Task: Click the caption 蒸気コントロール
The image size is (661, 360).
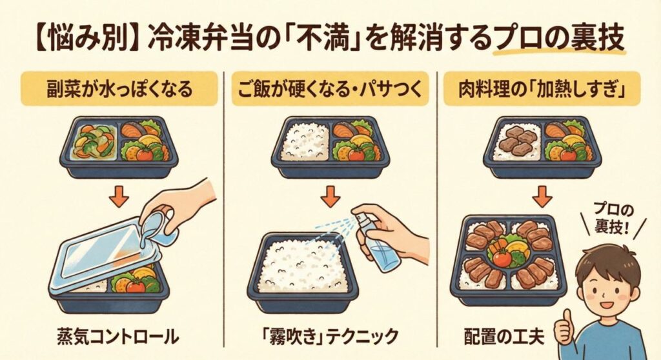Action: click(117, 337)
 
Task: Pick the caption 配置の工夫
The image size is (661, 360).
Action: click(503, 336)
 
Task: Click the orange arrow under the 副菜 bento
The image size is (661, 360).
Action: click(119, 196)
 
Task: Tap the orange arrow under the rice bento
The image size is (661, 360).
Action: click(330, 196)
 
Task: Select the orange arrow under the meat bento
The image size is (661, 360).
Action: click(542, 196)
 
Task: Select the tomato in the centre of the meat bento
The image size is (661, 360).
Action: click(502, 258)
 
